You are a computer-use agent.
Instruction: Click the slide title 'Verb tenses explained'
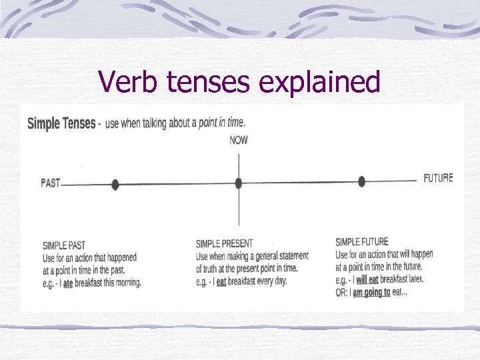(239, 82)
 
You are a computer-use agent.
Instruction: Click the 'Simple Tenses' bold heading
(61, 124)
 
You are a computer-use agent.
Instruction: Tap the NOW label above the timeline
(239, 140)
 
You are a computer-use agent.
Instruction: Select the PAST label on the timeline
(51, 183)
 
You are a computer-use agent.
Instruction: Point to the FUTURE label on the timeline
(438, 178)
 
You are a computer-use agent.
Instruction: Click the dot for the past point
(115, 184)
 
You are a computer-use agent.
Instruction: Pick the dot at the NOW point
(239, 183)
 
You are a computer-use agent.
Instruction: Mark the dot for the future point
(362, 181)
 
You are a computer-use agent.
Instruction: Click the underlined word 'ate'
(68, 283)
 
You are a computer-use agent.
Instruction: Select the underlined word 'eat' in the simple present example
(221, 281)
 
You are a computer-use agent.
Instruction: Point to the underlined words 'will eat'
(367, 279)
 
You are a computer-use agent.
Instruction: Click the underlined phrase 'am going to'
(371, 292)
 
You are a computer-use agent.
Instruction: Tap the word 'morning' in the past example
(126, 283)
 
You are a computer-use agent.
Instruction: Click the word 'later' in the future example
(413, 279)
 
